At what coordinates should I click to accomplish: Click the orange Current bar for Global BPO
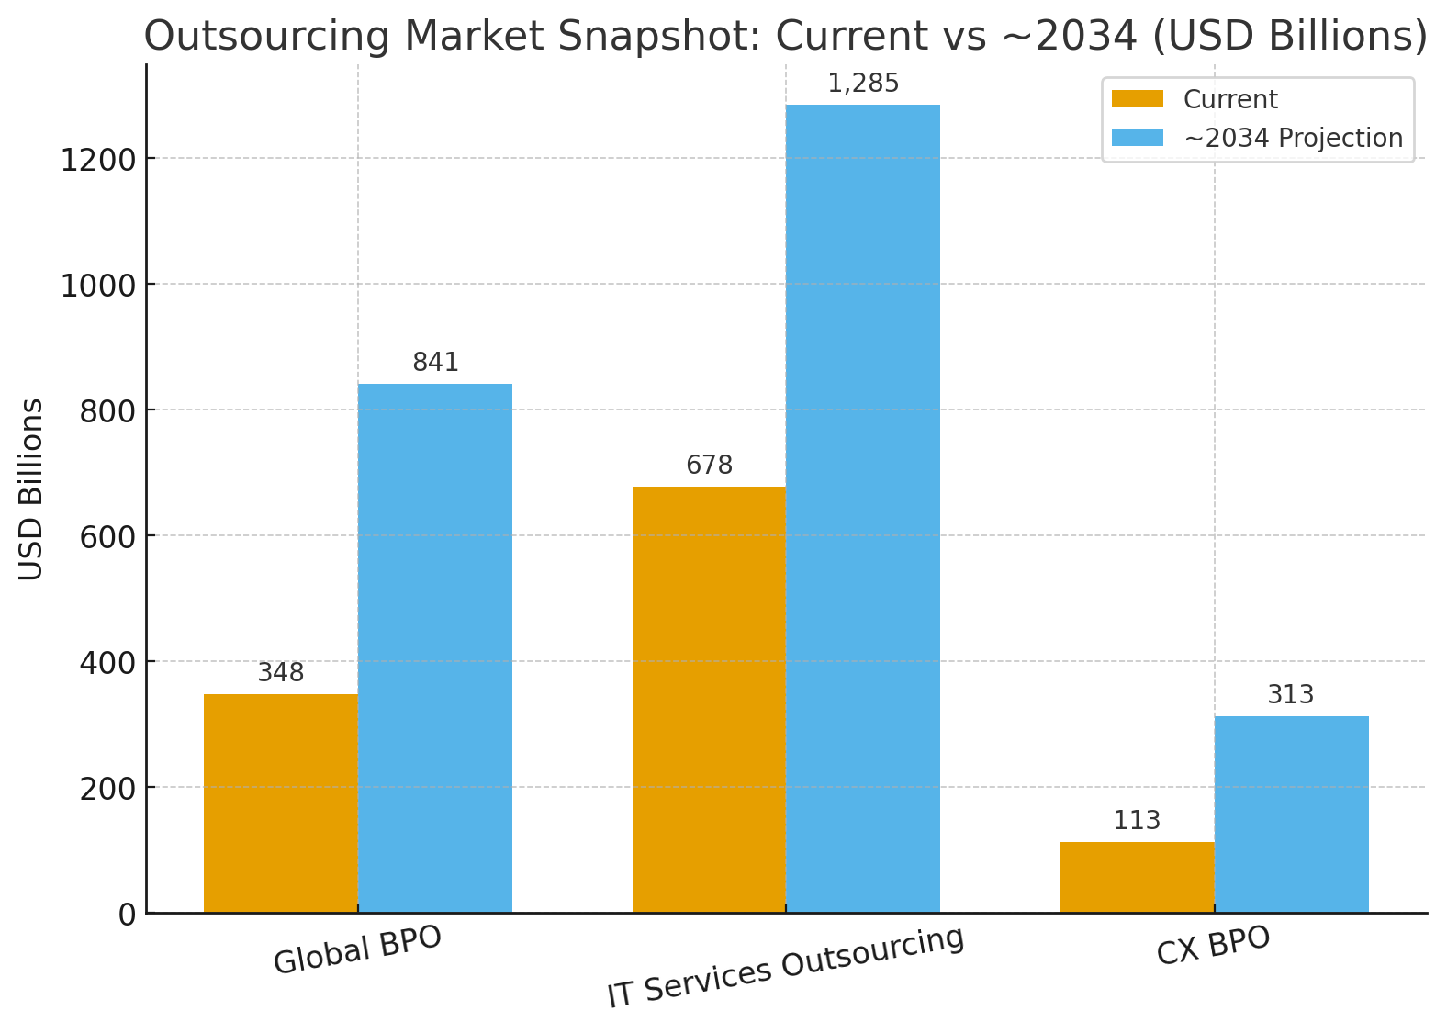(280, 803)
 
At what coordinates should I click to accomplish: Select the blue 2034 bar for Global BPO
(434, 648)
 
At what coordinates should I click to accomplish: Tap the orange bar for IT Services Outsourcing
(709, 700)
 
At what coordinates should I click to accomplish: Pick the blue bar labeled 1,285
(862, 509)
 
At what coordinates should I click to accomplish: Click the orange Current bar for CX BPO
(1137, 877)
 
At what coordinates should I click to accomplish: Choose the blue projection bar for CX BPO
(1291, 814)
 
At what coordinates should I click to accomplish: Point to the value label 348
(280, 673)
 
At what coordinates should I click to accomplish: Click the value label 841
(435, 363)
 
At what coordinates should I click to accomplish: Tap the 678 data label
(709, 466)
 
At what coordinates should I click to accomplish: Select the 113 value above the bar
(1137, 821)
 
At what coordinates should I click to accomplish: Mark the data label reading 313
(1291, 695)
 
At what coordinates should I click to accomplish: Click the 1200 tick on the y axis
(97, 160)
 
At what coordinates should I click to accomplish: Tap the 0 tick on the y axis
(127, 915)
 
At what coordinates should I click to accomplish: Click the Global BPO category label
(357, 949)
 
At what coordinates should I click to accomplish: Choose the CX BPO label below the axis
(1213, 945)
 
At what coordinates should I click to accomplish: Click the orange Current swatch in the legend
(1137, 99)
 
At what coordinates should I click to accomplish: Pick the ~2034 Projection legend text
(1293, 138)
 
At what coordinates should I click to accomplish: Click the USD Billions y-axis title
(31, 489)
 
